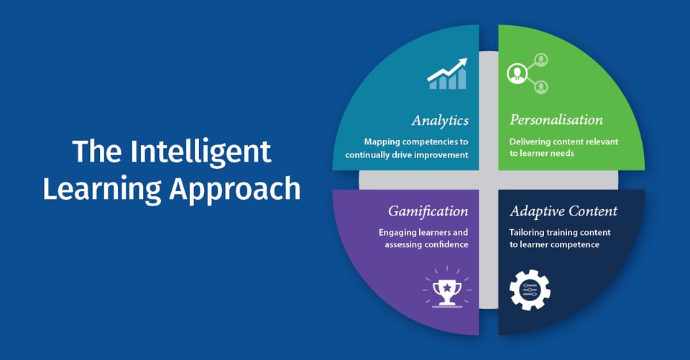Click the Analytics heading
pyautogui.click(x=440, y=120)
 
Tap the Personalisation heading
pyautogui.click(x=556, y=120)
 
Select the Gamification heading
pyautogui.click(x=428, y=211)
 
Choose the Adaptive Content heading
pyautogui.click(x=563, y=211)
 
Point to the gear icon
pyautogui.click(x=530, y=290)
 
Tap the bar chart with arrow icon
pyautogui.click(x=447, y=75)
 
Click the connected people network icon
pyautogui.click(x=528, y=73)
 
